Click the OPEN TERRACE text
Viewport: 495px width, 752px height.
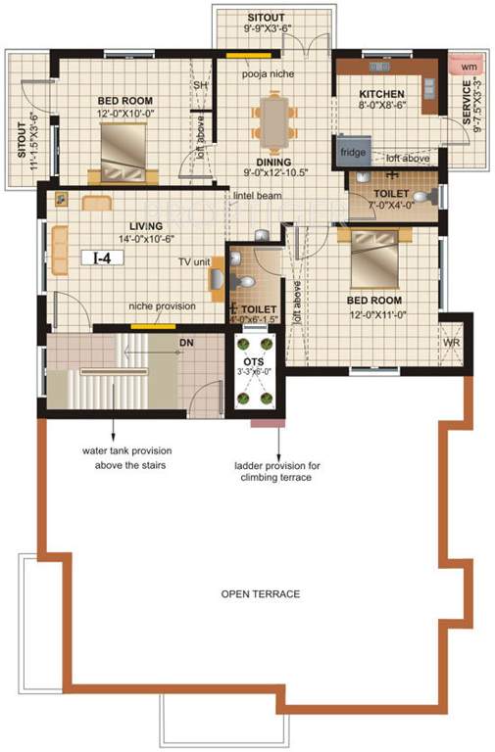click(260, 594)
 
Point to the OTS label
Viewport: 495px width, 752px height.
click(254, 361)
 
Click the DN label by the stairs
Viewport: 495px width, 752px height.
click(185, 343)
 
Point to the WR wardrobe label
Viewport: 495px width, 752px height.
click(452, 344)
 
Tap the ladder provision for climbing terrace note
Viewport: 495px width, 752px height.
click(273, 471)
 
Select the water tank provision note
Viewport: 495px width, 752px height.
click(124, 458)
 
